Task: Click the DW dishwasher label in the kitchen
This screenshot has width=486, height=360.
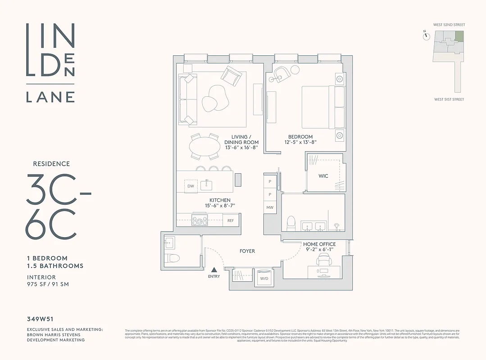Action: [191, 186]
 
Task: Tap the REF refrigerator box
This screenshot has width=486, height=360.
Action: [230, 220]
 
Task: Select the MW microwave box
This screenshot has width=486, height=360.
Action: [270, 207]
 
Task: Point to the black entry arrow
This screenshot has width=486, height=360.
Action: [214, 269]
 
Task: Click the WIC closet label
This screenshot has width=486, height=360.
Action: [323, 176]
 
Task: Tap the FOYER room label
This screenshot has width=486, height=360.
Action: [247, 251]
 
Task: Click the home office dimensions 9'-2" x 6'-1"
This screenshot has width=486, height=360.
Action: [319, 250]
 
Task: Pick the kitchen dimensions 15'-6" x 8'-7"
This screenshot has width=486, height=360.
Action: [220, 206]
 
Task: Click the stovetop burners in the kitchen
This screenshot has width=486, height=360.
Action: [200, 220]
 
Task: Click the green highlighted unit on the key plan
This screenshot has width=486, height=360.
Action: [459, 36]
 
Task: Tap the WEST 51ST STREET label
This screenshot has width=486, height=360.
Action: [449, 99]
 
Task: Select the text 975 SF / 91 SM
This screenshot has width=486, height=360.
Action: [48, 284]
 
